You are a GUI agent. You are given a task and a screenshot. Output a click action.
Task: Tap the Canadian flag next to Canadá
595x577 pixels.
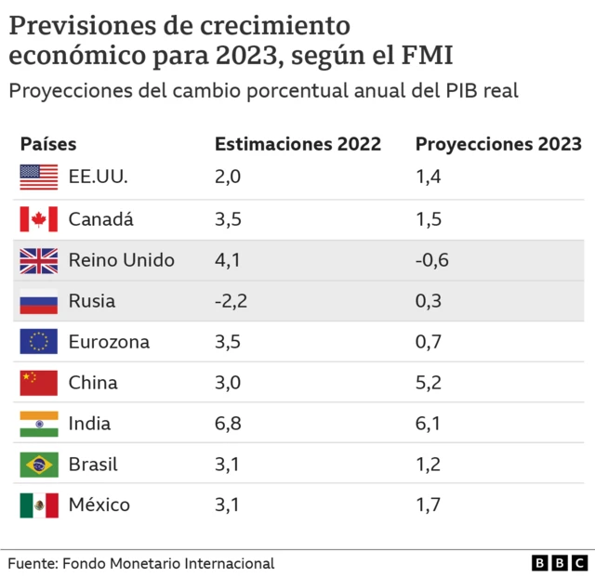click(39, 219)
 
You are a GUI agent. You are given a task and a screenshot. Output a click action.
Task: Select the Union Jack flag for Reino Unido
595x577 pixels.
click(39, 260)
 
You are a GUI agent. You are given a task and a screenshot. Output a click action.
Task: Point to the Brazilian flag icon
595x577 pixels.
click(39, 464)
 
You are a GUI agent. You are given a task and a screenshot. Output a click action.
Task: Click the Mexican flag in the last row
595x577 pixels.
click(39, 505)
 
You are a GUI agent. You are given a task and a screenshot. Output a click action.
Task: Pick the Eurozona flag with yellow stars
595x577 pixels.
click(39, 342)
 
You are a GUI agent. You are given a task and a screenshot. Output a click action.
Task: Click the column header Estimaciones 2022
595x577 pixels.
click(297, 144)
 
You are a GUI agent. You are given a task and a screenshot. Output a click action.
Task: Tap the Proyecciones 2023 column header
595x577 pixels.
click(498, 144)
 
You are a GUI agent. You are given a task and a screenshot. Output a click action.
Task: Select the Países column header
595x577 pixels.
click(48, 144)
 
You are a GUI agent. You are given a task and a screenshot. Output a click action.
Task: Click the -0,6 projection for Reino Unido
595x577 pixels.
click(432, 260)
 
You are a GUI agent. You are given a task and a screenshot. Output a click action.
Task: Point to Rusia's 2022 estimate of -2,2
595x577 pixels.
click(231, 301)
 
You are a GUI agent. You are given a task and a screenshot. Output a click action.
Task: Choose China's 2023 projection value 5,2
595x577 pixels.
click(428, 383)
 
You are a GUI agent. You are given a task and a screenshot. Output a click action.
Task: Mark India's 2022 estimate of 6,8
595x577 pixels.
click(227, 424)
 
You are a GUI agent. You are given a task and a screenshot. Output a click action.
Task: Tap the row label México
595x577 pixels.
click(99, 505)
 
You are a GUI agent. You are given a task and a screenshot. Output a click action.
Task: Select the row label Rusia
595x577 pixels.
click(92, 301)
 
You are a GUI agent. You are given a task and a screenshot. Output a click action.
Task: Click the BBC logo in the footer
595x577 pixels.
click(560, 563)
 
